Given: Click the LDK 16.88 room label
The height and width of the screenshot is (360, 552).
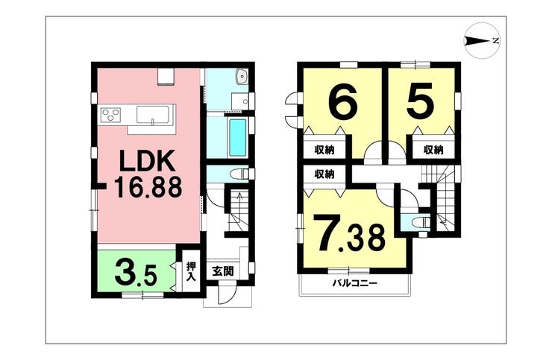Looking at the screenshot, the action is (x=148, y=174).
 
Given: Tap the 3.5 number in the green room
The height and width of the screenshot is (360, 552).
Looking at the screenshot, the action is (x=136, y=273).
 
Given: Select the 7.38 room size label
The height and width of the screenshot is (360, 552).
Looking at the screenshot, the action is (x=350, y=234).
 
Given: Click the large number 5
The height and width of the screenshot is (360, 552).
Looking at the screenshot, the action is (x=421, y=100).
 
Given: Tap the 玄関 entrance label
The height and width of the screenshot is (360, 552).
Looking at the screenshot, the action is (x=223, y=271).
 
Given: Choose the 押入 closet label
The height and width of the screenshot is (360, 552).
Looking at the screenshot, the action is (x=190, y=271).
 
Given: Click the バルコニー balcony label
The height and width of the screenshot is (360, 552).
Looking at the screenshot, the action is (x=355, y=283).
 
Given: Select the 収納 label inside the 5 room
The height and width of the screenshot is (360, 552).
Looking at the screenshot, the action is (x=433, y=150).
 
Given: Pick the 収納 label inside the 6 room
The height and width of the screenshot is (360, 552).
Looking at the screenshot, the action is (x=324, y=150).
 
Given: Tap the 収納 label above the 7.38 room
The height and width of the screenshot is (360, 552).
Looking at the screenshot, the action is (x=324, y=174).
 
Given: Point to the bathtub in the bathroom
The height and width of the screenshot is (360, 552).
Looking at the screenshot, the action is (x=238, y=138).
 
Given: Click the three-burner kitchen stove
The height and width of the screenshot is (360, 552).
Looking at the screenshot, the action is (x=110, y=114).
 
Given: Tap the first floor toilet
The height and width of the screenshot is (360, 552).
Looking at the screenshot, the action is (x=239, y=174).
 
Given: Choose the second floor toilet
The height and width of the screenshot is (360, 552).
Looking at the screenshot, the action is (x=421, y=222).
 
